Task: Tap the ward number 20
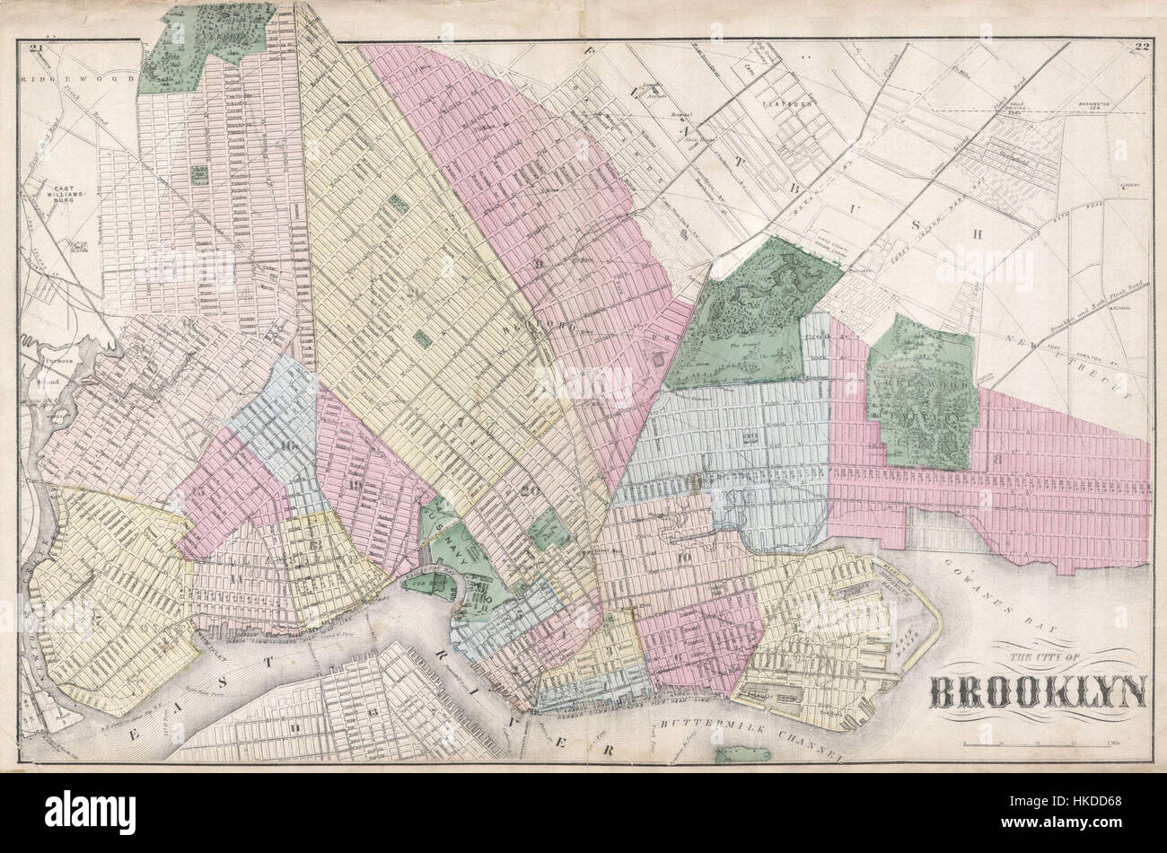530,491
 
